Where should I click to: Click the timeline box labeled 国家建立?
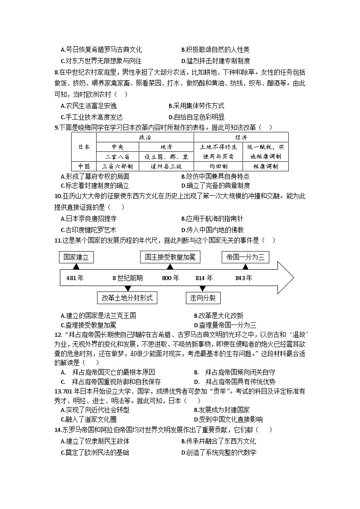pyautogui.click(x=76, y=257)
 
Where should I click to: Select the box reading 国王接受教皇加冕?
pyautogui.click(x=170, y=257)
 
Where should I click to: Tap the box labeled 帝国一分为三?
pyautogui.click(x=245, y=257)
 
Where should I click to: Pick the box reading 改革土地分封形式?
pyautogui.click(x=127, y=298)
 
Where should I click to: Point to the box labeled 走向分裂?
pyautogui.click(x=203, y=298)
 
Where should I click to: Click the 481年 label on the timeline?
pyautogui.click(x=75, y=278)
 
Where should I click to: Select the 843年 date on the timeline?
pyautogui.click(x=243, y=278)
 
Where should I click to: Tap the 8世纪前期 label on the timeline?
pyautogui.click(x=127, y=278)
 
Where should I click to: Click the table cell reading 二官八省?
pyautogui.click(x=118, y=156)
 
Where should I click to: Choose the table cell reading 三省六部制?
pyautogui.click(x=118, y=166)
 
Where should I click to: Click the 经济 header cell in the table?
pyautogui.click(x=241, y=137)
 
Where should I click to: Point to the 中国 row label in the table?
pyautogui.click(x=84, y=166)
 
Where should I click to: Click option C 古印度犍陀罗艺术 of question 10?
pyautogui.click(x=88, y=229)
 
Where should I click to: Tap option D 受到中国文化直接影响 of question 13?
pyautogui.click(x=228, y=419)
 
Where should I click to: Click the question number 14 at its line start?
pyautogui.click(x=58, y=429)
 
